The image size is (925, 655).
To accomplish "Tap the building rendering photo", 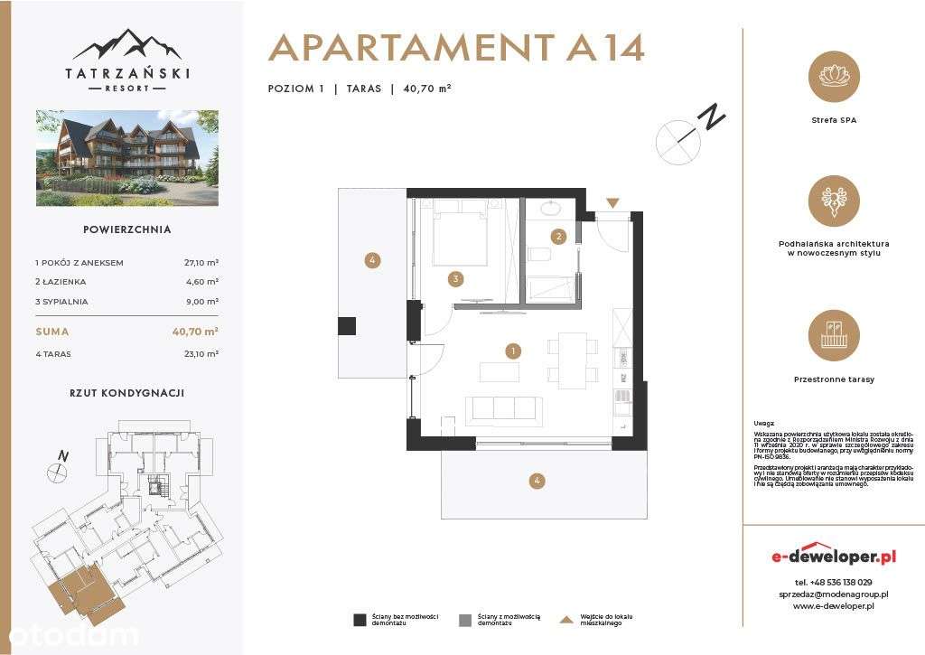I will tap(126, 157).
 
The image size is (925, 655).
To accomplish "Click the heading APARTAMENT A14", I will tap(456, 48).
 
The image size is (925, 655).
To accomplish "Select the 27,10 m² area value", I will tap(201, 263).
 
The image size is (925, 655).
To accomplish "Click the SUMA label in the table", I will tap(51, 332).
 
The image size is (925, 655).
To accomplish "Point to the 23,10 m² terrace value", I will tap(201, 354).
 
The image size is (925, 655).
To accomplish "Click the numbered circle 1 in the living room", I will tap(513, 351).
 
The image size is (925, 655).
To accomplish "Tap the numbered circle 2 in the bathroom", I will tap(559, 237).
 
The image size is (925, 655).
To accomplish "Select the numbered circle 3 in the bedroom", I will tap(458, 279).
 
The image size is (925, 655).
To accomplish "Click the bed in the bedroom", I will tap(460, 234).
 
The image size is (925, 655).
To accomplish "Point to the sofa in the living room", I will tap(504, 409).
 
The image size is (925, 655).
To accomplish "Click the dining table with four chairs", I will tap(573, 360).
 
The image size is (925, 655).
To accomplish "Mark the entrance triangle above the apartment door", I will tap(613, 204).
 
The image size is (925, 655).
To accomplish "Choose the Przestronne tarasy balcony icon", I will tap(834, 336).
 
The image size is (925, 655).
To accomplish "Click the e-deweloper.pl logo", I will tap(834, 555).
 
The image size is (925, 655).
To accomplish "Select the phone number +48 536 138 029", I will tap(834, 583).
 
